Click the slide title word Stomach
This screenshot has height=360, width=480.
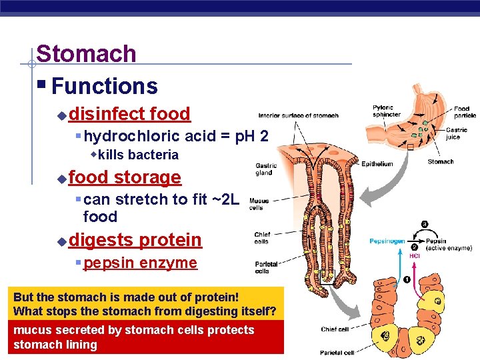86,54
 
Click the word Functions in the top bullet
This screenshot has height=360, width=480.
104,86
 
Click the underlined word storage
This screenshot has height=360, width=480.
147,177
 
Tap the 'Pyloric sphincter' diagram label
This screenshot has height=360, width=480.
386,111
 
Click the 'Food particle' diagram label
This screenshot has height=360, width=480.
461,111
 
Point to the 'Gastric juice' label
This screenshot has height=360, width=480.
457,133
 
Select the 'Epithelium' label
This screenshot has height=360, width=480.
377,163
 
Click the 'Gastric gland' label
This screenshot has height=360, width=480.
266,169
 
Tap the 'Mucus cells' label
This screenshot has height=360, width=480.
259,204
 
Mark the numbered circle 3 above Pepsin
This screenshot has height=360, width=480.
424,224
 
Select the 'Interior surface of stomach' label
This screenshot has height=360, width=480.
298,115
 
